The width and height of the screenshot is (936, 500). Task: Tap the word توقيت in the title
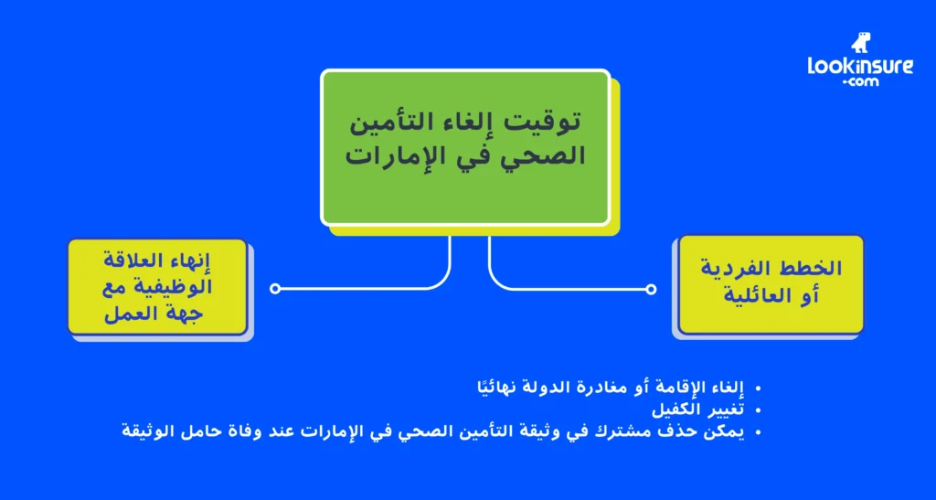click(x=554, y=121)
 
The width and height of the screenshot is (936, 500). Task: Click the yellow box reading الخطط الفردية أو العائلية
click(x=770, y=283)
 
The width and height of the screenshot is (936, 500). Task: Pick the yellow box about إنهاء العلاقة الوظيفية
click(x=157, y=286)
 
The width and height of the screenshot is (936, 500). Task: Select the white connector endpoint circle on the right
click(x=651, y=289)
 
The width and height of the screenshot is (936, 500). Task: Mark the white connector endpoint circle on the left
click(x=275, y=289)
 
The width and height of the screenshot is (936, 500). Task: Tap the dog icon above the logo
click(x=860, y=42)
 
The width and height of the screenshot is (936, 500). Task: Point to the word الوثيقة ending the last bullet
click(x=149, y=430)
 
